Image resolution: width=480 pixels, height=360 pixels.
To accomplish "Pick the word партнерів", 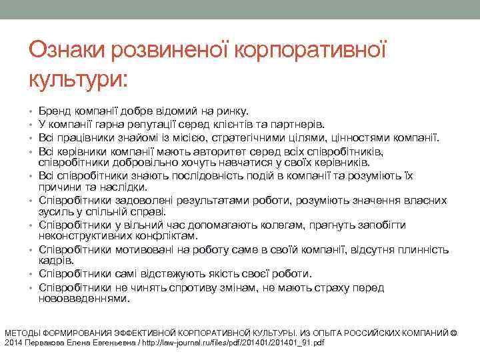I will pyautogui.click(x=299, y=123).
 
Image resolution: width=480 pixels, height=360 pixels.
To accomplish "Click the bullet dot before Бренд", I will pyautogui.click(x=31, y=111).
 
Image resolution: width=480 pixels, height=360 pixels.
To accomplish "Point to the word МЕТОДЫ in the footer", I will pyautogui.click(x=24, y=332).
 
